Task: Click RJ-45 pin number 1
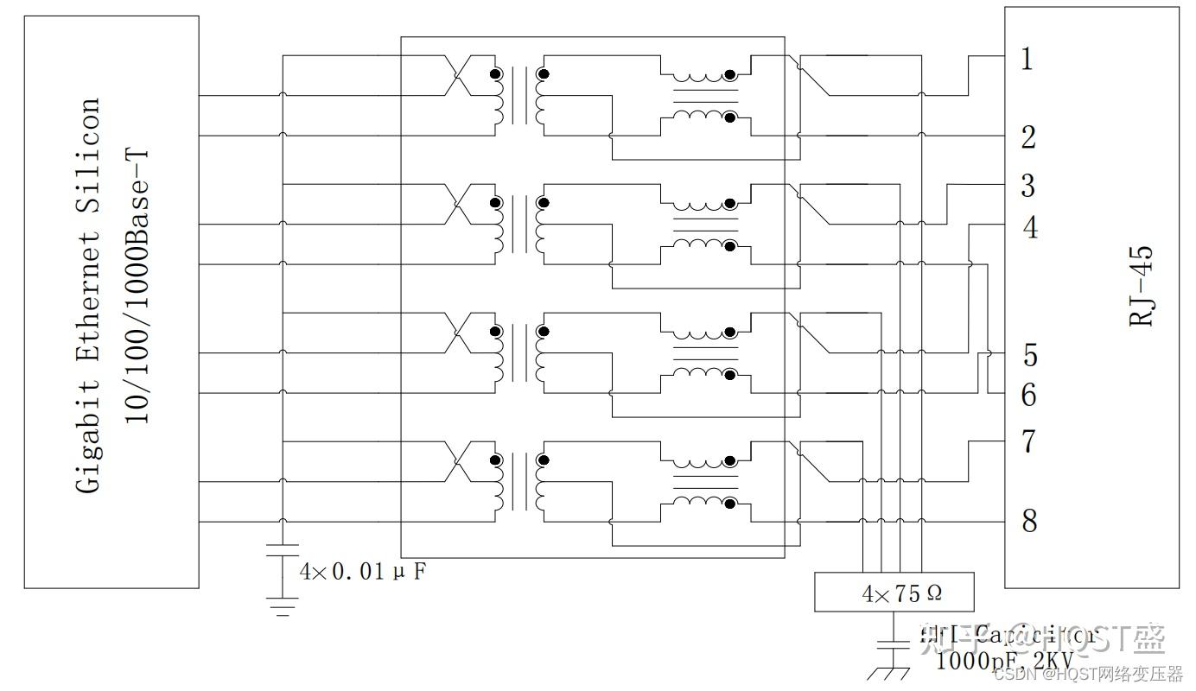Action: [x=1027, y=60]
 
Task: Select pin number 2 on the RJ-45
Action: [x=1027, y=136]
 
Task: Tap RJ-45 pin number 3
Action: [x=1027, y=186]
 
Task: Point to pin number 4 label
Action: [x=1029, y=228]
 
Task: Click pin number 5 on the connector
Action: [x=1029, y=355]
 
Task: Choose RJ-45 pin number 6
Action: [x=1028, y=395]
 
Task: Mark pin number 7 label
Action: [x=1027, y=441]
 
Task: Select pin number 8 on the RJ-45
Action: [x=1028, y=521]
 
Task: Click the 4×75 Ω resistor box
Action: [x=894, y=593]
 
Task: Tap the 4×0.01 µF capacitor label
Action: [x=362, y=572]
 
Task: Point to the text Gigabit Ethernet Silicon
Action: [x=88, y=295]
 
